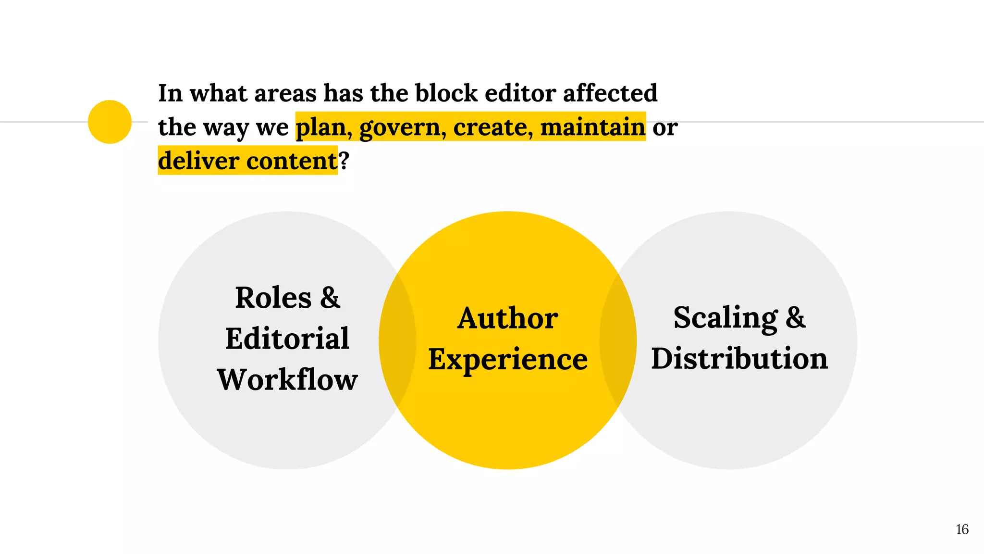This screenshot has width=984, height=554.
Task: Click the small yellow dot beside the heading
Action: [x=110, y=122]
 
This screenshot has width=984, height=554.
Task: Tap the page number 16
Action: [x=962, y=529]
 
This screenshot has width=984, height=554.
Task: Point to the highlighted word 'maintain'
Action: [x=592, y=127]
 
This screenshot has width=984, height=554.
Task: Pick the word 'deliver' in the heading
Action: [x=198, y=161]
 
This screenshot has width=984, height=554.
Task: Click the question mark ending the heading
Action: [x=344, y=161]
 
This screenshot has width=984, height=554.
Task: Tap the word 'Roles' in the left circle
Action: [x=273, y=298]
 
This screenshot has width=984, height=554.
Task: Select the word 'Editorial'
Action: [x=287, y=339]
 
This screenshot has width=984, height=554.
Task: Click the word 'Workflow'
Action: [x=287, y=380]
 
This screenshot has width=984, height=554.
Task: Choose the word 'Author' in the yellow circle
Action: [x=507, y=318]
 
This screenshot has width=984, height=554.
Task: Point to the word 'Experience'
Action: [x=507, y=360]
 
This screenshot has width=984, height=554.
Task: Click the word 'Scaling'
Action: [x=726, y=318]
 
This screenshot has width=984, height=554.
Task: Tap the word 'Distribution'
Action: [x=739, y=359]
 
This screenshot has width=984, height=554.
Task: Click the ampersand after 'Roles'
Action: [x=330, y=298]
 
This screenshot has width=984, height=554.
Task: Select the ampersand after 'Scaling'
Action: [x=796, y=318]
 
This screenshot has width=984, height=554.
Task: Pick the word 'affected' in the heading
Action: [x=610, y=93]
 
